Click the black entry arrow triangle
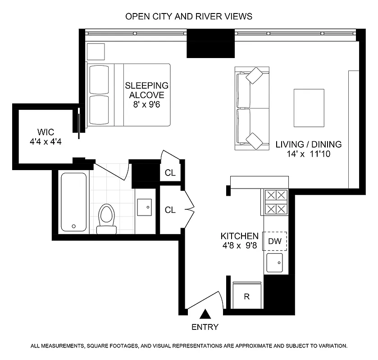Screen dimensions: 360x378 205,314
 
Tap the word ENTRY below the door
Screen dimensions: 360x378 205,327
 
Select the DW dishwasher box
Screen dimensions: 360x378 275,241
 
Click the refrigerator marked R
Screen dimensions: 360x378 247,296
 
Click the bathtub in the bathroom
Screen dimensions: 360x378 73,202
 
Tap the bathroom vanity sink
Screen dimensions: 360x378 146,207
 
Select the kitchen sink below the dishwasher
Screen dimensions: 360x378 274,262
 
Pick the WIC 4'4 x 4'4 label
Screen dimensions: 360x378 46,136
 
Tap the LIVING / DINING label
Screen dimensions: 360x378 309,149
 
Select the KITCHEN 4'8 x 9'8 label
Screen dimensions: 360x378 239,241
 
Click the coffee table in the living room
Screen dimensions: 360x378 309,108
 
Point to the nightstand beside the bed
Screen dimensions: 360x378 96,52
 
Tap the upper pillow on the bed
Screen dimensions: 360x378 99,79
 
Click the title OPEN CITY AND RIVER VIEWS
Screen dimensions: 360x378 189,16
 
